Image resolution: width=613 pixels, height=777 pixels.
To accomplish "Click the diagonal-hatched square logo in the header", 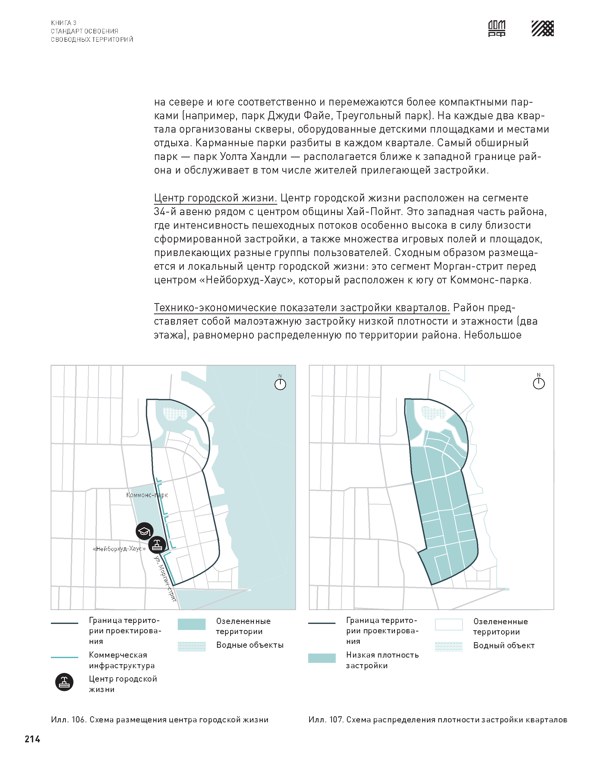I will tap(542, 28).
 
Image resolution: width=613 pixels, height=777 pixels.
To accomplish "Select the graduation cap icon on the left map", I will tap(145, 531).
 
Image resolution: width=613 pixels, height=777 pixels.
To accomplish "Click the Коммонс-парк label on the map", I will tap(147, 495).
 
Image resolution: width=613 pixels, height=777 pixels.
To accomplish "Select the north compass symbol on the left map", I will tap(280, 384).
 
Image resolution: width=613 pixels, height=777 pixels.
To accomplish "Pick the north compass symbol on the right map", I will tap(538, 383).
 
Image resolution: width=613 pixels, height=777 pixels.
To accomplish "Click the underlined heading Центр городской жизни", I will tap(215, 198).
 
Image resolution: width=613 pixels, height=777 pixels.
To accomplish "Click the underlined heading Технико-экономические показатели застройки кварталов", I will tap(302, 308).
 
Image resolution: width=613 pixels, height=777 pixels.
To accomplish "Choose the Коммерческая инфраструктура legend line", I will tap(65, 657).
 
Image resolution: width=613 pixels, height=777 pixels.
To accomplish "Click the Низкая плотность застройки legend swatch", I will tap(322, 658).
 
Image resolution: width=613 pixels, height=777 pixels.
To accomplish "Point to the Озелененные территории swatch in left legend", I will tap(192, 624).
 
